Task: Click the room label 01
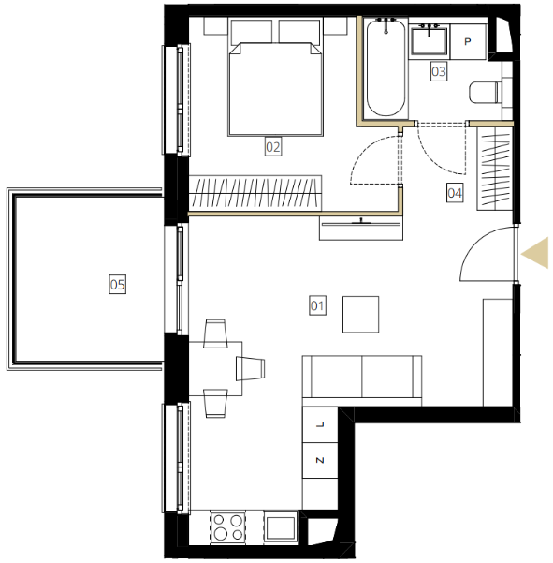point(317,305)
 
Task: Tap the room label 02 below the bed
point(273,146)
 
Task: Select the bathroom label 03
point(439,71)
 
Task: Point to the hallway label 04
point(455,193)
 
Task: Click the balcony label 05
point(117,285)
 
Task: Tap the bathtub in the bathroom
point(386,68)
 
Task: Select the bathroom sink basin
point(429,41)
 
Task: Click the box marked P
point(468,41)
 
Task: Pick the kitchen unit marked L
point(320,424)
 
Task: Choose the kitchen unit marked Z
point(320,460)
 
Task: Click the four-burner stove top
point(228,527)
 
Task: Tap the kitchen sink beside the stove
point(281,527)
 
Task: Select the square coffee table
point(361,315)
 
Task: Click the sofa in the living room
point(362,381)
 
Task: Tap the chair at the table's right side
point(251,369)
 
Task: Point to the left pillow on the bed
point(252,32)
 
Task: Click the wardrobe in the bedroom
point(255,193)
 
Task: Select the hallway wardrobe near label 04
point(495,169)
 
